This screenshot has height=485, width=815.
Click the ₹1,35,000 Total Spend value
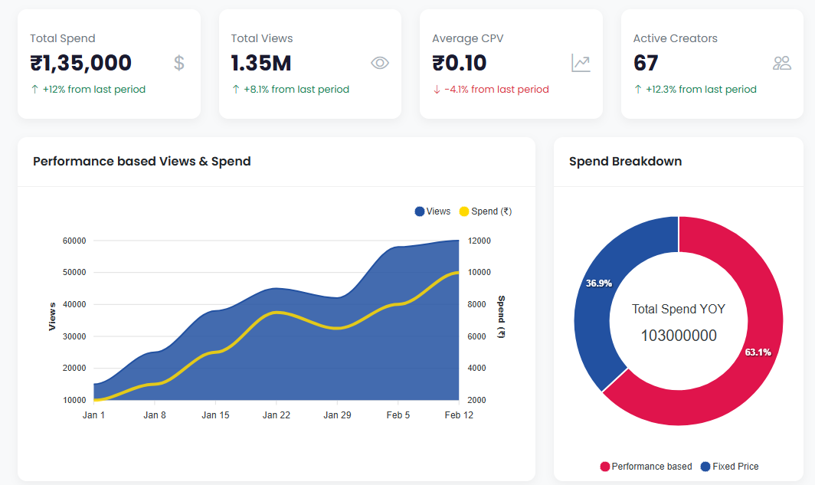(x=80, y=63)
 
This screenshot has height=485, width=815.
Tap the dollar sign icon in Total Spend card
(x=179, y=63)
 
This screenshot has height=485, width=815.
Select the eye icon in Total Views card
(x=380, y=63)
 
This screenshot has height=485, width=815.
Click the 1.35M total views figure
(x=261, y=63)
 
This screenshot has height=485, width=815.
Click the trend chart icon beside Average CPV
(x=581, y=63)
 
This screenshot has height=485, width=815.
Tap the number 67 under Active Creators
(x=646, y=63)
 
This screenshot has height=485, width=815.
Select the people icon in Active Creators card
(x=781, y=63)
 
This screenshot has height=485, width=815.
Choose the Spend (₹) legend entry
(x=485, y=211)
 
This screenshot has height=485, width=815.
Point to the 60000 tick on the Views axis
(x=74, y=241)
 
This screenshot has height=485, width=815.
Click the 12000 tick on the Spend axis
(x=480, y=241)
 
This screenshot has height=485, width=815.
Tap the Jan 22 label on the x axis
(x=276, y=415)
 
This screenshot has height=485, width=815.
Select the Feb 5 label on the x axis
(x=398, y=415)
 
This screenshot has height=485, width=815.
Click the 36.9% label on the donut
(x=598, y=283)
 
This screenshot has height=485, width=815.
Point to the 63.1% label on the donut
(x=758, y=352)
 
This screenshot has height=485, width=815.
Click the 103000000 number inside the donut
(x=678, y=336)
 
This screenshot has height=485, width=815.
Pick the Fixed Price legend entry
(x=729, y=467)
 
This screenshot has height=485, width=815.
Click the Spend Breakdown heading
(x=625, y=162)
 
